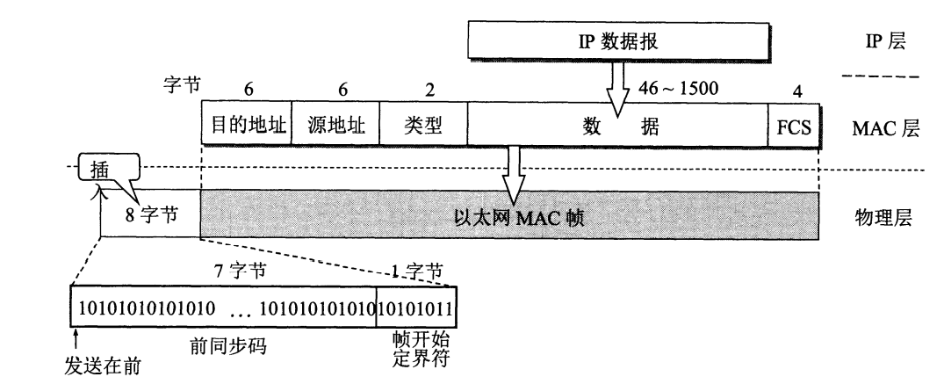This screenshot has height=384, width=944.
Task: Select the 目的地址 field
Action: pyautogui.click(x=246, y=127)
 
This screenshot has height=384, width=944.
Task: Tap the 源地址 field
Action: pyautogui.click(x=335, y=127)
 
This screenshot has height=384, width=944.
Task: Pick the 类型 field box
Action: pyautogui.click(x=422, y=127)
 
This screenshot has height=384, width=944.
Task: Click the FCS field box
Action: pyautogui.click(x=793, y=127)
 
